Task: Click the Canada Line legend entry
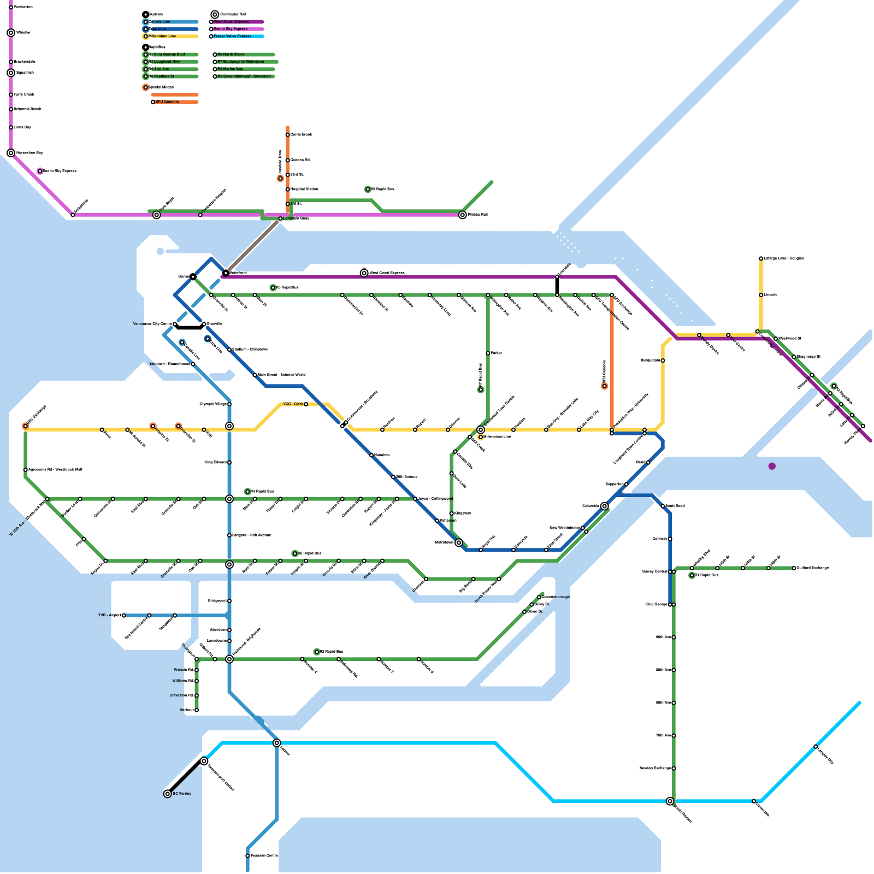(160, 22)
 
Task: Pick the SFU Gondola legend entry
(167, 102)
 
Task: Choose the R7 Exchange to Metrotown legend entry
(240, 62)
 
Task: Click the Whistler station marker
(11, 33)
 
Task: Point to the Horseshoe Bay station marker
(11, 153)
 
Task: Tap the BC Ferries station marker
(168, 794)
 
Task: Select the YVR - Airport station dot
(124, 616)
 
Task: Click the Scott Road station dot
(663, 506)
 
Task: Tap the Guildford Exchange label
(813, 568)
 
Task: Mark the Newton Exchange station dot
(674, 769)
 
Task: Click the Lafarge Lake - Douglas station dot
(761, 258)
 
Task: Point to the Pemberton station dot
(11, 7)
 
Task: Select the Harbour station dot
(197, 710)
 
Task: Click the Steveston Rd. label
(182, 695)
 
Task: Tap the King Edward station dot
(229, 463)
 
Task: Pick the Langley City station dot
(816, 747)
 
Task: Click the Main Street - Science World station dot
(255, 375)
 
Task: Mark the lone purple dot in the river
(772, 466)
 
